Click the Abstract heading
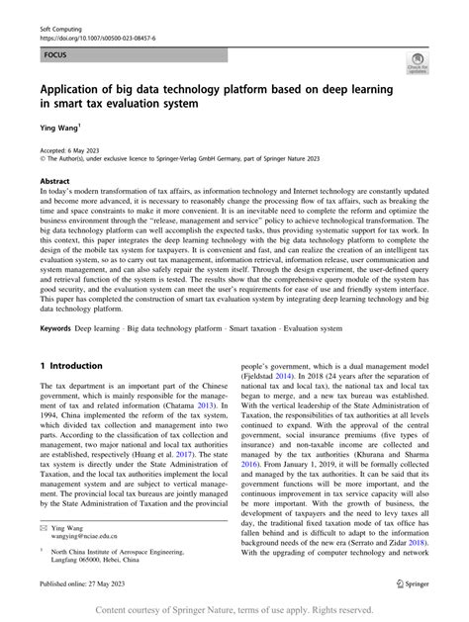[x=54, y=182]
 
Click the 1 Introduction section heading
[x=75, y=366]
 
